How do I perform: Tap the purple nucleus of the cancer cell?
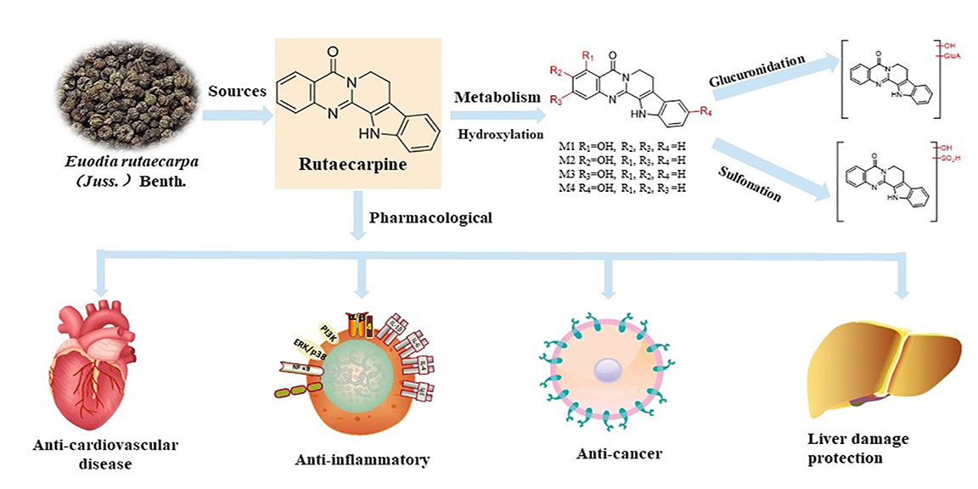[x=607, y=368]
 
